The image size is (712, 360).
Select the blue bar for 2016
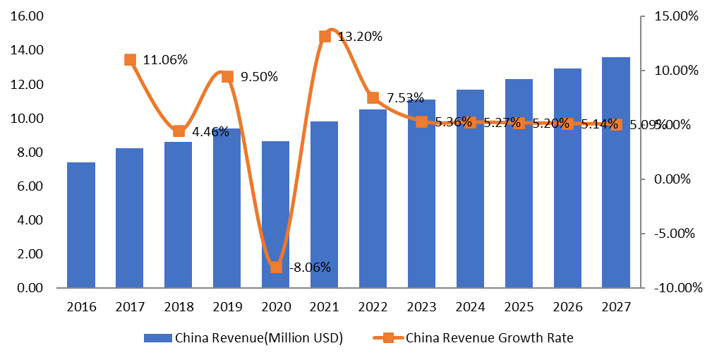click(x=81, y=225)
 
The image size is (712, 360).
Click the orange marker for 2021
click(x=325, y=37)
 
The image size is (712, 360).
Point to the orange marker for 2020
click(x=276, y=267)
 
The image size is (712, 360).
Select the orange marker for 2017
click(x=130, y=60)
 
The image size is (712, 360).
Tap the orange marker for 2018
click(x=179, y=131)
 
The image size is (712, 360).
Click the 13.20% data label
click(x=360, y=37)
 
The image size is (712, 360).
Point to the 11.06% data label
click(x=165, y=60)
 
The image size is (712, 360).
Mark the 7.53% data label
click(x=402, y=97)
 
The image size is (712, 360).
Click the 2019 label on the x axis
click(x=227, y=307)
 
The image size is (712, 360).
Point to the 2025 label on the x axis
click(x=518, y=307)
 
